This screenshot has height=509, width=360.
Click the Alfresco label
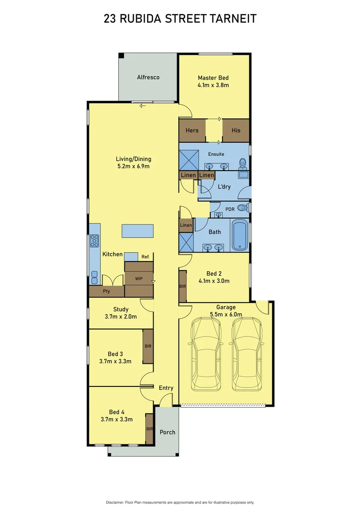click(x=148, y=77)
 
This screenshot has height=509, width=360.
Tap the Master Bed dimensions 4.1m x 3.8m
click(x=213, y=85)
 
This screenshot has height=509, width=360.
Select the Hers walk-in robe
click(x=192, y=130)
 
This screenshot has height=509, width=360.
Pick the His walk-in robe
click(x=236, y=130)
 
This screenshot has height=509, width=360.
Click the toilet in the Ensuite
click(x=243, y=163)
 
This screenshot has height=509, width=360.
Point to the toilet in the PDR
click(x=242, y=208)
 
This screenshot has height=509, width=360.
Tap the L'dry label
click(x=224, y=187)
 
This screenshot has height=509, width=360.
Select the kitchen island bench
click(x=138, y=231)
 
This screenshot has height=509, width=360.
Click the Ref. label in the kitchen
click(x=146, y=257)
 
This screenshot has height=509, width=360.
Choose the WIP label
click(x=139, y=279)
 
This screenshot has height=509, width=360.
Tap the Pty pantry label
click(x=106, y=292)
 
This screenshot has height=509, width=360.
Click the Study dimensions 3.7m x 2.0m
click(x=121, y=317)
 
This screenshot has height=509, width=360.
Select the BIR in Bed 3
click(x=148, y=346)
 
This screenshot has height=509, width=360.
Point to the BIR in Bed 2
click(x=182, y=286)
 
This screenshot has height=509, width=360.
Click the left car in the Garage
click(x=205, y=353)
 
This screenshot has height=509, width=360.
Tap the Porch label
click(x=167, y=432)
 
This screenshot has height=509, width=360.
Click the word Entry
click(x=166, y=388)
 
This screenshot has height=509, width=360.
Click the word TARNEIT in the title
click(x=234, y=19)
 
